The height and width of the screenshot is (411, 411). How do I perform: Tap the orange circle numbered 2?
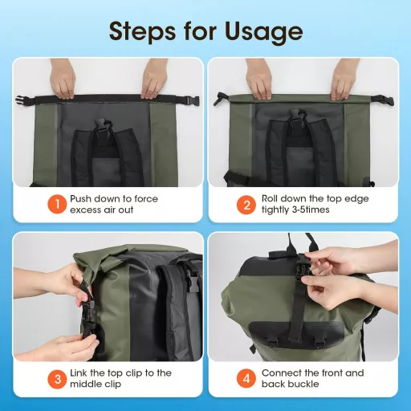coord(246,203)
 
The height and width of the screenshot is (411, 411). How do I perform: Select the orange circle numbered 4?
coord(246,378)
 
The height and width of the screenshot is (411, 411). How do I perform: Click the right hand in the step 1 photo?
coord(155,80)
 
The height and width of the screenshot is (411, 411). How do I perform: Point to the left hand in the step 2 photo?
coord(259,80)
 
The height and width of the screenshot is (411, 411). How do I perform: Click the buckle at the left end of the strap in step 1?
coord(23,100)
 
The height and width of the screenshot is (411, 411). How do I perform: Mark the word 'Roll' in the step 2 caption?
coord(272,197)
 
